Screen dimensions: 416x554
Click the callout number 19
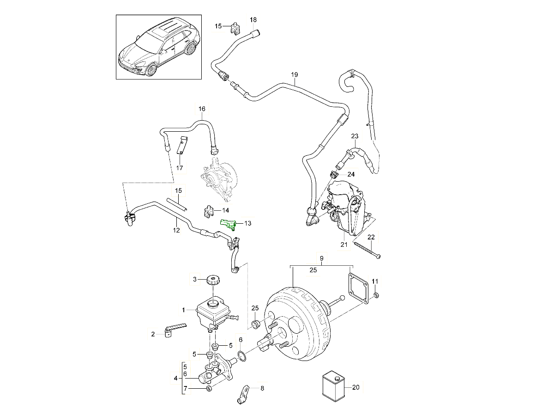pyautogui.click(x=295, y=74)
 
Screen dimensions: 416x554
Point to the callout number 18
pyautogui.click(x=253, y=20)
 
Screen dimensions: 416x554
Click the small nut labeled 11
pyautogui.click(x=376, y=295)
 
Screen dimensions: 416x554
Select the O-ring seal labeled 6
pyautogui.click(x=241, y=355)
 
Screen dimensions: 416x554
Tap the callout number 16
pyautogui.click(x=202, y=109)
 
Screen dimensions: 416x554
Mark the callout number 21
pyautogui.click(x=343, y=245)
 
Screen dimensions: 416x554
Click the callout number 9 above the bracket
pyautogui.click(x=321, y=258)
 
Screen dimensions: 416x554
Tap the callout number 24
pyautogui.click(x=351, y=175)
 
